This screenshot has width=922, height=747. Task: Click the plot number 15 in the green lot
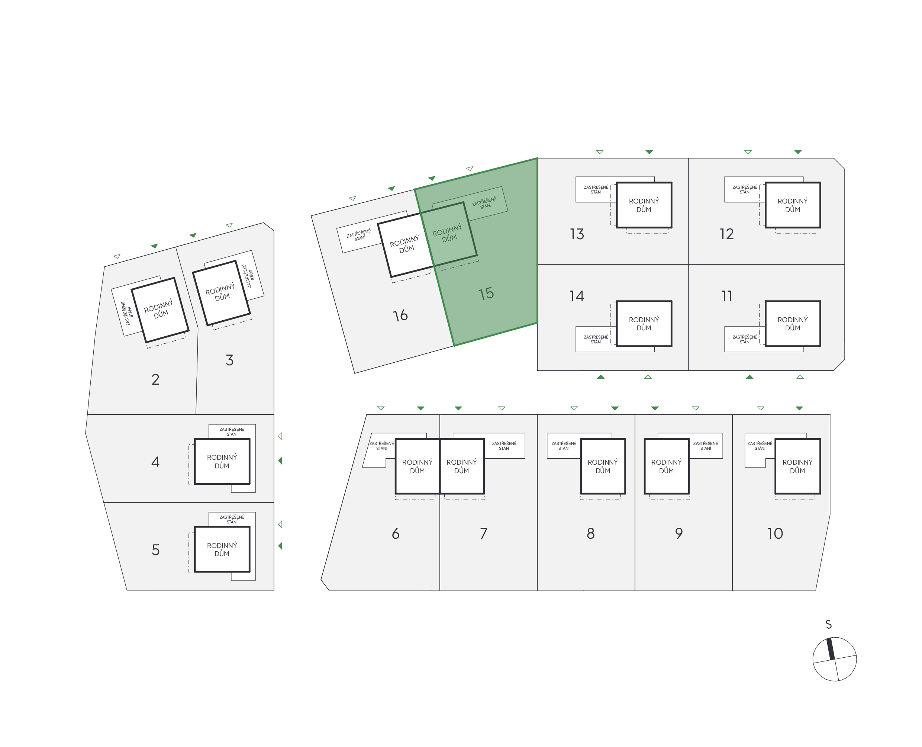pos(486,294)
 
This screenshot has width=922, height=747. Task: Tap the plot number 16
pos(400,315)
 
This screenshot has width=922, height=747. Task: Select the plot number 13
pos(577,234)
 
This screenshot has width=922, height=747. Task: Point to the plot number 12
pos(726,234)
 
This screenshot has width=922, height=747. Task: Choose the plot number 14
pos(577,296)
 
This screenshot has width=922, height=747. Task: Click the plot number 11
pos(726,296)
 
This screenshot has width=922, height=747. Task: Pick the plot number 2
pos(155,379)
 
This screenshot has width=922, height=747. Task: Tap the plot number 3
pos(229,360)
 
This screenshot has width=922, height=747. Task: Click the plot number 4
pos(155,462)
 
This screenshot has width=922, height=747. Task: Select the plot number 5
pos(155,549)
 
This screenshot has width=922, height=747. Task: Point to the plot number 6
pos(396,533)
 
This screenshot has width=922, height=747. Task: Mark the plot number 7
pos(483,533)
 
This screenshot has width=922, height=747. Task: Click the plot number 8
pos(590,533)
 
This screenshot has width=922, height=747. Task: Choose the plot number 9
pos(678,533)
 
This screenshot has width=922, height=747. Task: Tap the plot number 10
pos(775,533)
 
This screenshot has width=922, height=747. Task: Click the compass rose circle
pos(834,659)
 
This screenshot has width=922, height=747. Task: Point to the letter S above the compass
pos(828,624)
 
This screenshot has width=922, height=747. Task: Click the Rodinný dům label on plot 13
pos(644,205)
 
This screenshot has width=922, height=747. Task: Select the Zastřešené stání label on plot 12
pos(745,189)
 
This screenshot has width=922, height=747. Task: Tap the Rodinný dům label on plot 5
pos(222,549)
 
